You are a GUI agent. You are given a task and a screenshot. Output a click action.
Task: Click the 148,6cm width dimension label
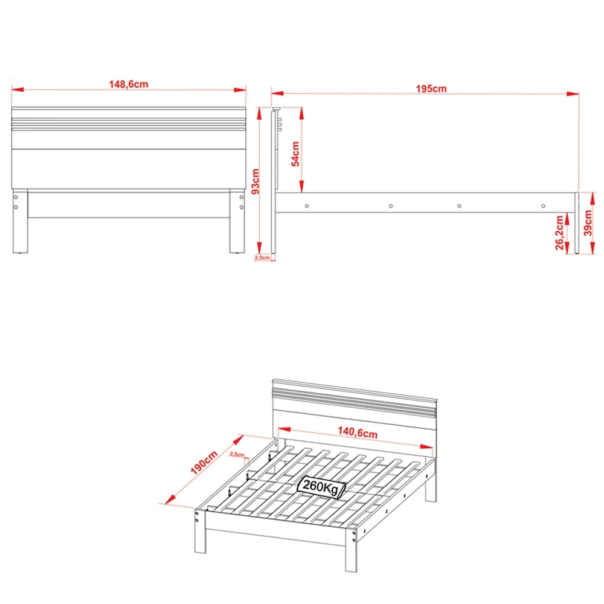tap(128, 85)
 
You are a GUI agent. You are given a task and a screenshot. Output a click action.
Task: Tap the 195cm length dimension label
tap(431, 89)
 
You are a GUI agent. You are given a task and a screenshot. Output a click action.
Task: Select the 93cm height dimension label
tap(255, 181)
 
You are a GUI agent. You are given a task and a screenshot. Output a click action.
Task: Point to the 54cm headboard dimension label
tap(296, 153)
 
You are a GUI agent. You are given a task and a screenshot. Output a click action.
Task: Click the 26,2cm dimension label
tap(560, 233)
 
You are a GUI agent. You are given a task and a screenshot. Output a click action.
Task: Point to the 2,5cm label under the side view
tap(263, 257)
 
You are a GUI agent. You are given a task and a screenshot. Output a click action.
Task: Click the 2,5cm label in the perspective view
tap(237, 454)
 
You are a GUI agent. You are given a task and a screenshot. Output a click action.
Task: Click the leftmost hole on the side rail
tap(309, 205)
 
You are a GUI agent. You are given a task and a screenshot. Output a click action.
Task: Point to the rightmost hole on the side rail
tap(542, 205)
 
